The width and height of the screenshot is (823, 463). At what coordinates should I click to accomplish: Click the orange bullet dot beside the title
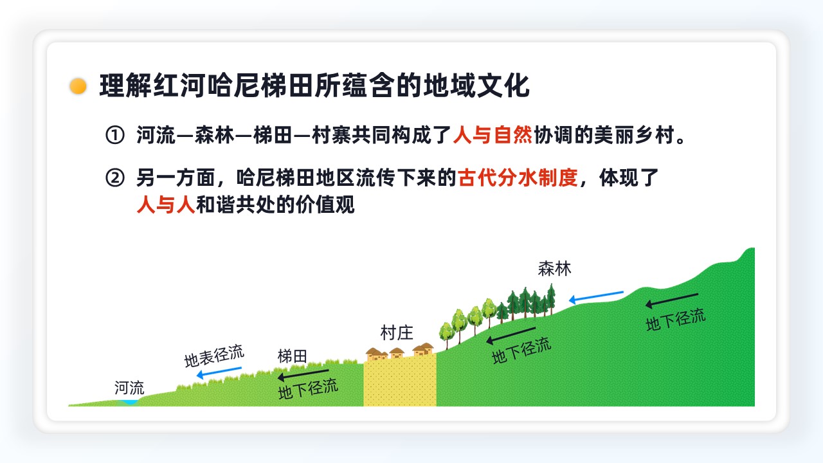[x=78, y=86]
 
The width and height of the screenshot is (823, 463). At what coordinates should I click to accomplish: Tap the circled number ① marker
[x=115, y=135]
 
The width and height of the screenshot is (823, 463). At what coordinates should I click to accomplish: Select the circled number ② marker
[x=115, y=178]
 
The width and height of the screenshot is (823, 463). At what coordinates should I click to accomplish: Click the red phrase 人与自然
[x=493, y=135]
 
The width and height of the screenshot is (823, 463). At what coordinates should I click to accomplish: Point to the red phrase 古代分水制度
[x=518, y=178]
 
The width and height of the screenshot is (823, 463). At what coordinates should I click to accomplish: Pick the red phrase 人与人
[x=166, y=204]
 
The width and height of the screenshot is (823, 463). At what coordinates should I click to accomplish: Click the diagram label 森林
[x=554, y=269]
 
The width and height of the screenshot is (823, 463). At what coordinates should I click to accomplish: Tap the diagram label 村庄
[x=397, y=332]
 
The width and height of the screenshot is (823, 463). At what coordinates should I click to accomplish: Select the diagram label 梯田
[x=292, y=356]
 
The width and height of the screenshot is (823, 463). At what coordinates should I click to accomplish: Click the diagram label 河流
[x=129, y=388]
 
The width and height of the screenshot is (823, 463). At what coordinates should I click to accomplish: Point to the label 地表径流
[x=214, y=356]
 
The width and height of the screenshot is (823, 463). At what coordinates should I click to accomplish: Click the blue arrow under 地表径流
[x=219, y=372]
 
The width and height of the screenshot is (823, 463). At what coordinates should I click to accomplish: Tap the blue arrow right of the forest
[x=596, y=297]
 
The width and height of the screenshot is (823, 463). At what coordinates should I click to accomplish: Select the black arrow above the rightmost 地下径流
[x=672, y=300]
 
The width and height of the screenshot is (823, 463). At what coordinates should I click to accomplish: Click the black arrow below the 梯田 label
[x=303, y=375]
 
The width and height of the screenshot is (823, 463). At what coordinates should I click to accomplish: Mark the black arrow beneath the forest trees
[x=511, y=335]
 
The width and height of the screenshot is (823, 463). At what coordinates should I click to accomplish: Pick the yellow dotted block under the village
[x=400, y=380]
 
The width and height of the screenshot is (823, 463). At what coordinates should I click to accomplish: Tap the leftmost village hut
[x=374, y=354]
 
